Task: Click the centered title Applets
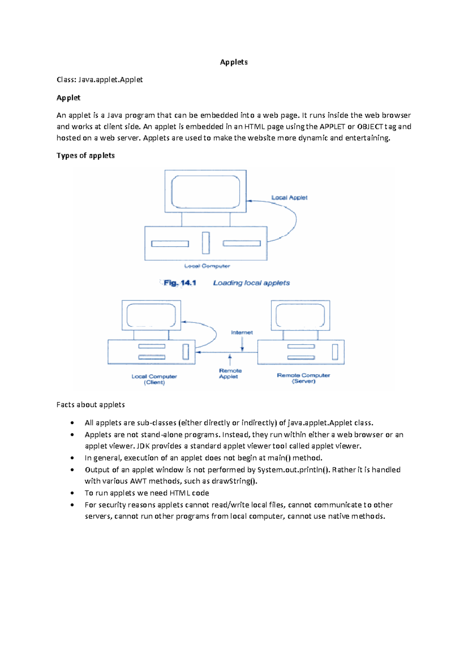pyautogui.click(x=234, y=62)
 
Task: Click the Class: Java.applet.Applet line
pyautogui.click(x=99, y=80)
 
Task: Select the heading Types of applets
pyautogui.click(x=85, y=155)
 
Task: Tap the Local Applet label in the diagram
pyautogui.click(x=289, y=198)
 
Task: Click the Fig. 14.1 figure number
pyautogui.click(x=179, y=283)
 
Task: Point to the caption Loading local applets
pyautogui.click(x=251, y=283)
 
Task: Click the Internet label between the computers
pyautogui.click(x=242, y=333)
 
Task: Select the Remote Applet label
pyautogui.click(x=230, y=374)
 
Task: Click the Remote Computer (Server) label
pyautogui.click(x=303, y=378)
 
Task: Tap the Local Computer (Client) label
pyautogui.click(x=154, y=379)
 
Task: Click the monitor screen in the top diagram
pyautogui.click(x=206, y=191)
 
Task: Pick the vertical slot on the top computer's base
pyautogui.click(x=206, y=243)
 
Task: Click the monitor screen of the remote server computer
pyautogui.click(x=300, y=315)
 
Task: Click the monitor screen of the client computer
pyautogui.click(x=151, y=315)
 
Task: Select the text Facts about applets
pyautogui.click(x=90, y=405)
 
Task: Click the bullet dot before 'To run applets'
pyautogui.click(x=72, y=493)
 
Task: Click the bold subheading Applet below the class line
pyautogui.click(x=68, y=98)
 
